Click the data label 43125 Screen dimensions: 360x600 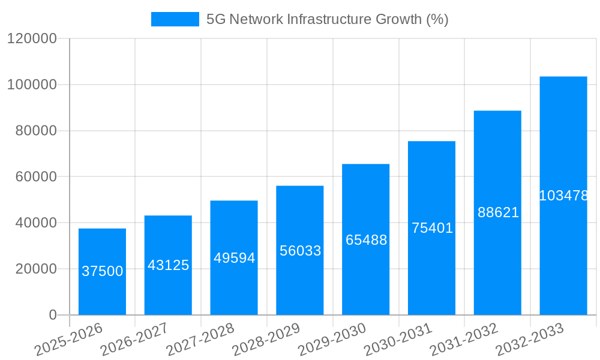tap(168, 265)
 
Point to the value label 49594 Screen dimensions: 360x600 tap(234, 258)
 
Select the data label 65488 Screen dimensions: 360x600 tap(366, 240)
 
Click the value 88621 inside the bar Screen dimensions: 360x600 tap(498, 212)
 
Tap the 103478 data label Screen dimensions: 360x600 tap(563, 196)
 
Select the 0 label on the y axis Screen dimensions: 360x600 tap(52, 315)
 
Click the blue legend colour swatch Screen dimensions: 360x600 tap(175, 19)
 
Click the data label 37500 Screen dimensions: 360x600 tap(102, 271)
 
